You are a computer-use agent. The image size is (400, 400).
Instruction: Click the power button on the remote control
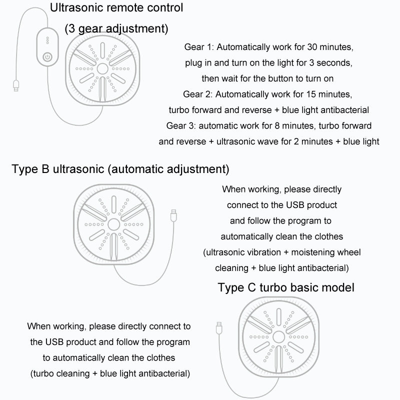click(47, 56)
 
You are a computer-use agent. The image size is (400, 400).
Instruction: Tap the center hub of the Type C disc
click(276, 335)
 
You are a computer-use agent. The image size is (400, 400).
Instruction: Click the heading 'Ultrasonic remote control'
click(116, 7)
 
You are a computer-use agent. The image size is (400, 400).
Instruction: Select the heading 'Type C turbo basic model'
click(286, 287)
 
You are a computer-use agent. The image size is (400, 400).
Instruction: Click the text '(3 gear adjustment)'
click(116, 28)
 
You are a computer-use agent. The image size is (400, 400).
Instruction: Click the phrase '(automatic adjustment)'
click(168, 168)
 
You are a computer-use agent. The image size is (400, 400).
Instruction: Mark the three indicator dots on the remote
click(47, 40)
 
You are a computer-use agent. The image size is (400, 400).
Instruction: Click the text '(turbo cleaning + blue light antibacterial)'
click(109, 373)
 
